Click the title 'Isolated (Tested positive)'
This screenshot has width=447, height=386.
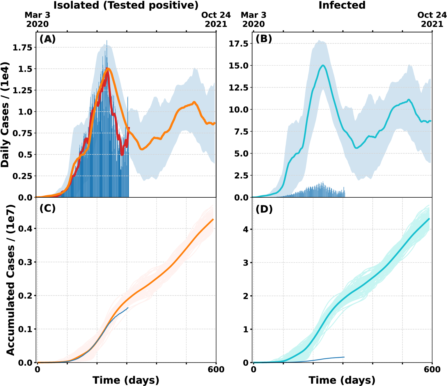pyautogui.click(x=126, y=5)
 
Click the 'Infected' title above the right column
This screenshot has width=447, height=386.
pyautogui.click(x=342, y=5)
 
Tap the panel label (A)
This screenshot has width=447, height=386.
pyautogui.click(x=47, y=39)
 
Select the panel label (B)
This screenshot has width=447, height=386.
pyautogui.click(x=264, y=39)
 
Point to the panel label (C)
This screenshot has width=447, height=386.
pyautogui.click(x=47, y=208)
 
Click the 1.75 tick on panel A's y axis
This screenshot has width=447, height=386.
pyautogui.click(x=22, y=47)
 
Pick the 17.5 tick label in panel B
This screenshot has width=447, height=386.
pyautogui.click(x=238, y=44)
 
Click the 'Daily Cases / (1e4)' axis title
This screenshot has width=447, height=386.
pyautogui.click(x=5, y=115)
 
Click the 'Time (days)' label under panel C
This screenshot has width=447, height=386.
pyautogui.click(x=126, y=380)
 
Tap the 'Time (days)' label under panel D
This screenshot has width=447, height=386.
pyautogui.click(x=342, y=380)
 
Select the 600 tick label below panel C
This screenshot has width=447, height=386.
pyautogui.click(x=216, y=369)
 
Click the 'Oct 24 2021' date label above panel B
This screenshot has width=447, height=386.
pyautogui.click(x=432, y=19)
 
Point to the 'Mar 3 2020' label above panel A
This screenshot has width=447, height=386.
pyautogui.click(x=38, y=19)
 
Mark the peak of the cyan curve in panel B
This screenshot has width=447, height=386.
pyautogui.click(x=323, y=65)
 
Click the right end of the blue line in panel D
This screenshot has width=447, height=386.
pyautogui.click(x=344, y=357)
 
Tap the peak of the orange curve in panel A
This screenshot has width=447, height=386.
pyautogui.click(x=108, y=69)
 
